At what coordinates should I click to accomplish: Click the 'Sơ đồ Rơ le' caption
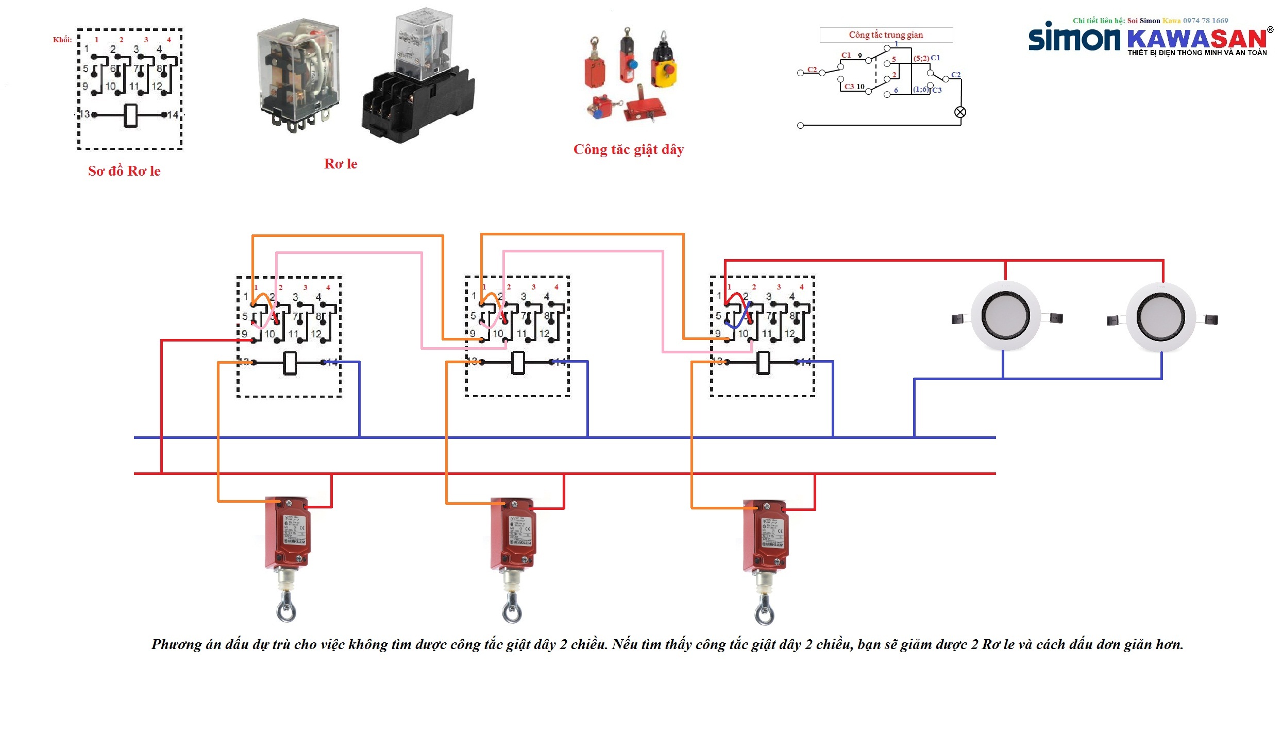(x=124, y=171)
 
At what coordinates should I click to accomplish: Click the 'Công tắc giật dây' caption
(x=629, y=149)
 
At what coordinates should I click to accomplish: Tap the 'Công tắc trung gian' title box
(x=886, y=35)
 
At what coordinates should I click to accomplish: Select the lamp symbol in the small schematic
(x=960, y=112)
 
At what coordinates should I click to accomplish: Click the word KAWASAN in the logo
(x=1196, y=39)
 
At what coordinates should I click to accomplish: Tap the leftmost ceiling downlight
(x=1005, y=316)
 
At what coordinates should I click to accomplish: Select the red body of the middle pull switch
(x=513, y=533)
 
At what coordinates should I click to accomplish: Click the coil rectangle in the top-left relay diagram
(x=131, y=115)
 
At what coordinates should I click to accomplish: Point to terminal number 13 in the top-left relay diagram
(x=85, y=114)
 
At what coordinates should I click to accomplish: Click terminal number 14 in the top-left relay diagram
(x=173, y=115)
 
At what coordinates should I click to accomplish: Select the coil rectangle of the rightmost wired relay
(x=763, y=362)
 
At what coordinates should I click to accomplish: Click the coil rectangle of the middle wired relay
(x=518, y=362)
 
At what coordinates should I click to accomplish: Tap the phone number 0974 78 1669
(x=1205, y=21)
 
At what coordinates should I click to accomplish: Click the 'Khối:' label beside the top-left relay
(x=62, y=40)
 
